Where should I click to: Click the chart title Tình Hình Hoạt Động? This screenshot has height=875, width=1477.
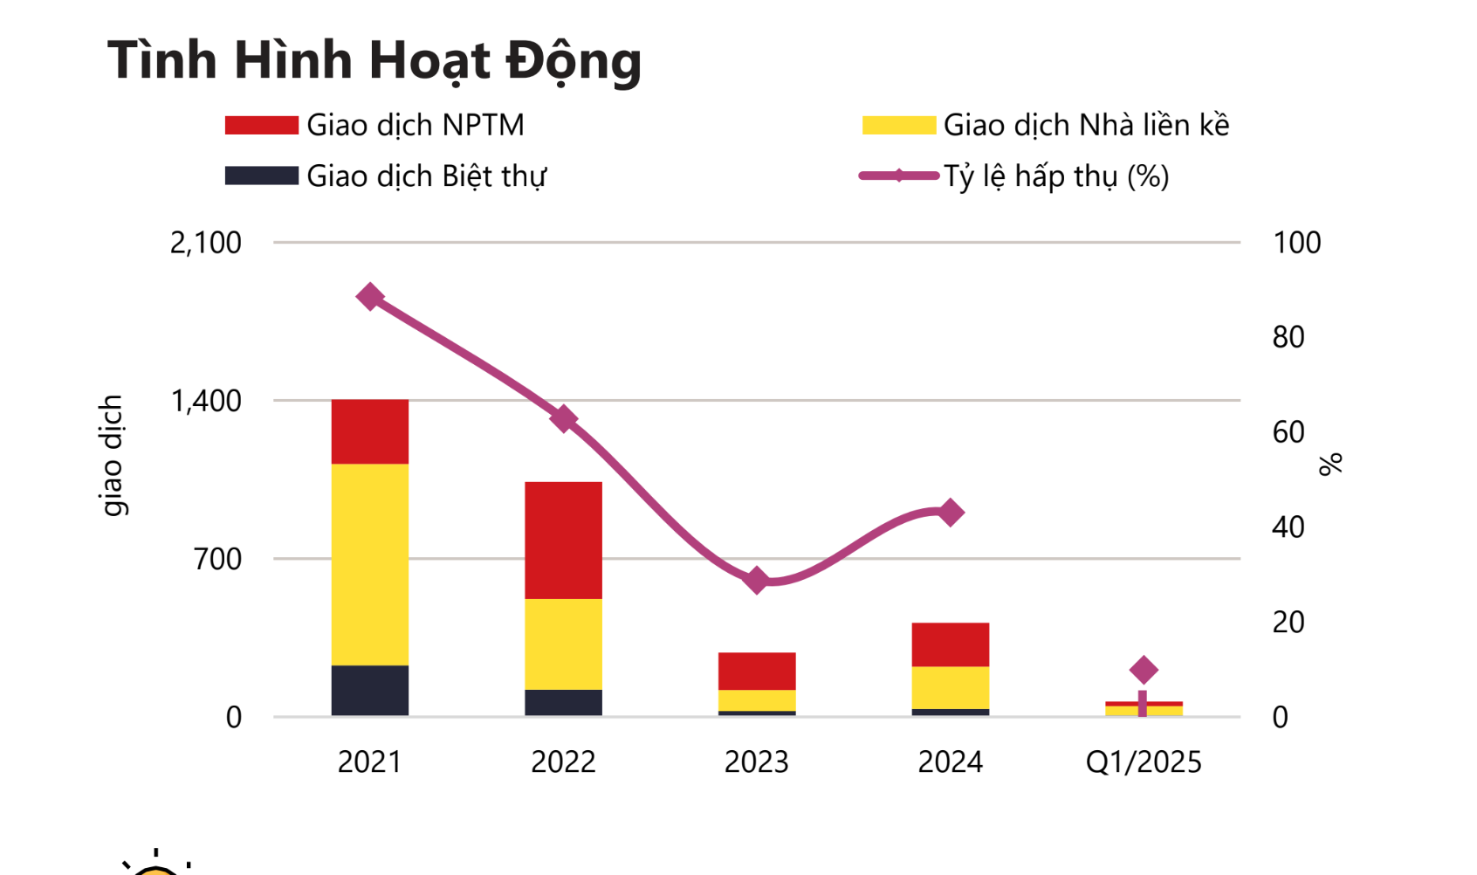(374, 60)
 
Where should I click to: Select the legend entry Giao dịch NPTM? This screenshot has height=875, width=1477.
(374, 125)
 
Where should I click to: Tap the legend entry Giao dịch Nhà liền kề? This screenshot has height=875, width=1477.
(1046, 125)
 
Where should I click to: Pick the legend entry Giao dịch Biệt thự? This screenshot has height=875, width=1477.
(386, 176)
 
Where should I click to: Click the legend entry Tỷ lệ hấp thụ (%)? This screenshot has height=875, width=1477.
(1014, 176)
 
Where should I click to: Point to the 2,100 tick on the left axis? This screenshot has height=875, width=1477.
(206, 243)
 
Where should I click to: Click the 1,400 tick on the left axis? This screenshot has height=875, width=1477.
(206, 401)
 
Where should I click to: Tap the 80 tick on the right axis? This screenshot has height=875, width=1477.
(1288, 337)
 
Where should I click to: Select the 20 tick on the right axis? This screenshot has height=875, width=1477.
(1288, 622)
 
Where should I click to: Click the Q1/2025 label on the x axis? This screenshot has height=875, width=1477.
(1144, 762)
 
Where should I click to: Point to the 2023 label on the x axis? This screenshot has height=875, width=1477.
(756, 762)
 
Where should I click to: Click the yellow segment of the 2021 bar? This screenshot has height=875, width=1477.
(370, 564)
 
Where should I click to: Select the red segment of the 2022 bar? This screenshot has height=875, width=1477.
(563, 540)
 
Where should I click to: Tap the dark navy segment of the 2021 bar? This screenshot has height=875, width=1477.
(370, 691)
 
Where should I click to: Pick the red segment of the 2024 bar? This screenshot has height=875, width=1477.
(950, 644)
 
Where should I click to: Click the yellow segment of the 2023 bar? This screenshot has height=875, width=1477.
(756, 700)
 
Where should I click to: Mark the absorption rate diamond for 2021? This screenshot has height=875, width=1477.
(370, 297)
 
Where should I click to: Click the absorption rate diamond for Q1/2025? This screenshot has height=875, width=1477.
(1144, 670)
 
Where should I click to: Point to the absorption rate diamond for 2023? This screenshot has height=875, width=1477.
(757, 580)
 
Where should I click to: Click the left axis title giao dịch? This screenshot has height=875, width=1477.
(112, 456)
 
